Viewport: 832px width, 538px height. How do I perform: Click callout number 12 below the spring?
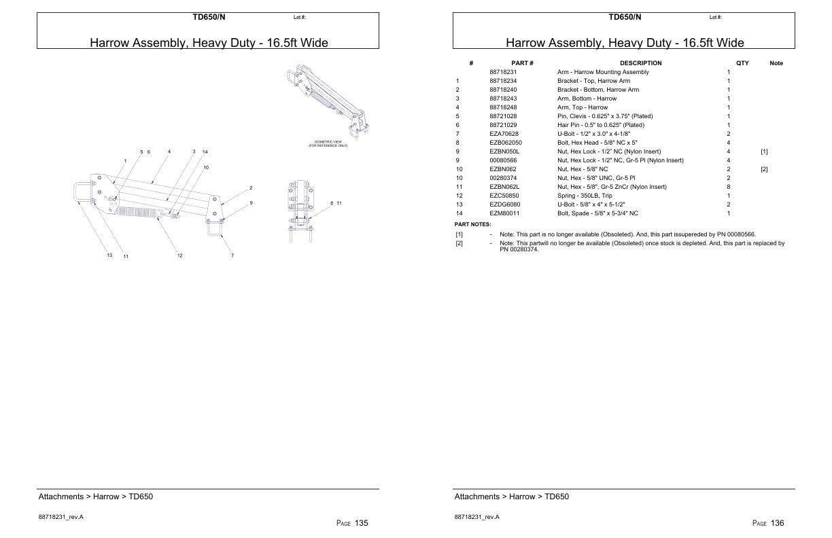(x=180, y=255)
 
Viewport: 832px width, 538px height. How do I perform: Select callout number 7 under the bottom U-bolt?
(x=232, y=255)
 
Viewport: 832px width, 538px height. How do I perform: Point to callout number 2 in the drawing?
(x=251, y=187)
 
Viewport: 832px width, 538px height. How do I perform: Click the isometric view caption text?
(x=328, y=143)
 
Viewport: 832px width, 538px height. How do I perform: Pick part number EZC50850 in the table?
(x=504, y=196)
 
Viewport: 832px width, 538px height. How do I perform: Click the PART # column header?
(x=522, y=63)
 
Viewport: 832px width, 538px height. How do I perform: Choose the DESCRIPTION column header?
(x=640, y=63)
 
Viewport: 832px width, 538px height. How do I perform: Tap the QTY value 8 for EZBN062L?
(x=729, y=187)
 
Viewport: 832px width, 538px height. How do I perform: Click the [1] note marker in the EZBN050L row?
(x=764, y=151)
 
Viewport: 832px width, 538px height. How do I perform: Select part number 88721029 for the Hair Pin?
(x=503, y=125)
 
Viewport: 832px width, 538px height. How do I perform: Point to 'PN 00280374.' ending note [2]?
(x=515, y=249)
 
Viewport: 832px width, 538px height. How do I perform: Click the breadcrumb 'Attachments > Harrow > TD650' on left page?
(x=96, y=497)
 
